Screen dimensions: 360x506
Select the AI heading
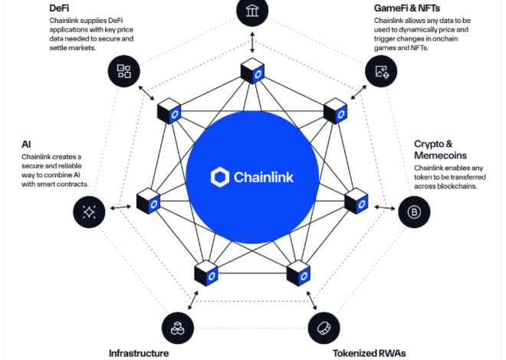(x=26, y=143)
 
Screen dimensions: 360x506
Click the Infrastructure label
(x=139, y=353)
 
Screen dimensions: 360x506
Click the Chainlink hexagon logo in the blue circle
(x=220, y=178)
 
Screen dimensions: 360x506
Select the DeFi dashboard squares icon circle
(x=124, y=72)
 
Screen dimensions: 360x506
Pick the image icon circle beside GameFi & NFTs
(x=381, y=73)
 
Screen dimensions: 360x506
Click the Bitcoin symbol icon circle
(x=414, y=211)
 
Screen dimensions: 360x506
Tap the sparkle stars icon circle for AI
(x=89, y=212)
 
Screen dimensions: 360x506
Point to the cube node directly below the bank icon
(x=252, y=73)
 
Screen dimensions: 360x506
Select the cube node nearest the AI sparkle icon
(x=148, y=202)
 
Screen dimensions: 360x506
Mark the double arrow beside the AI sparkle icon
(x=118, y=207)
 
